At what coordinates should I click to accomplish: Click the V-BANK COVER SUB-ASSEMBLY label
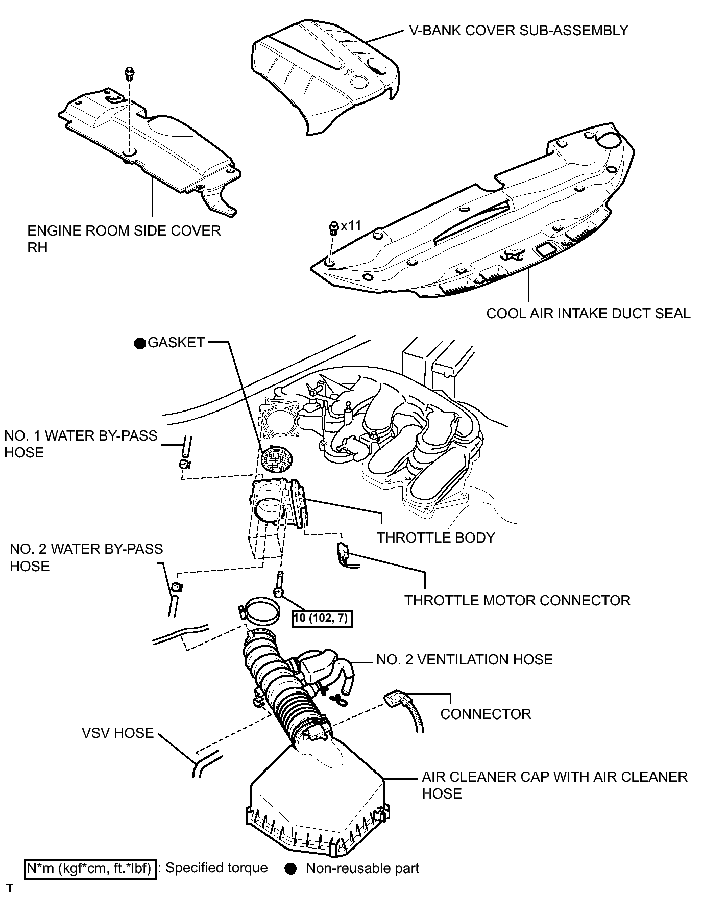[519, 31]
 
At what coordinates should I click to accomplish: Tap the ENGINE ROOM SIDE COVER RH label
[124, 239]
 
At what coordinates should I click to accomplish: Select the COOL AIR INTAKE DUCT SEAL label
[588, 313]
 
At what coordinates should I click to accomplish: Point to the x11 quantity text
[351, 225]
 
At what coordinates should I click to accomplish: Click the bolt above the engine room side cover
[129, 73]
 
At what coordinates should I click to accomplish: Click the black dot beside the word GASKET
[140, 343]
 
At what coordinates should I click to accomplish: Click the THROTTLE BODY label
[435, 537]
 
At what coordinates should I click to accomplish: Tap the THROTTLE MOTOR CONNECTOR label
[517, 600]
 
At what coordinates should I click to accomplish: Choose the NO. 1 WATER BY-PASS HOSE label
[81, 444]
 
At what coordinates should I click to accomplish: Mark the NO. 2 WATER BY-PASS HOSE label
[86, 557]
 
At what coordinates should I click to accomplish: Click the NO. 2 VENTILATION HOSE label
[464, 660]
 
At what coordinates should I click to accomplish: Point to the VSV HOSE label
[117, 733]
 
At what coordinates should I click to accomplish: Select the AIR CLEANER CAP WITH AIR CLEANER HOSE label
[554, 785]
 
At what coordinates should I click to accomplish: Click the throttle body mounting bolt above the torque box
[279, 585]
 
